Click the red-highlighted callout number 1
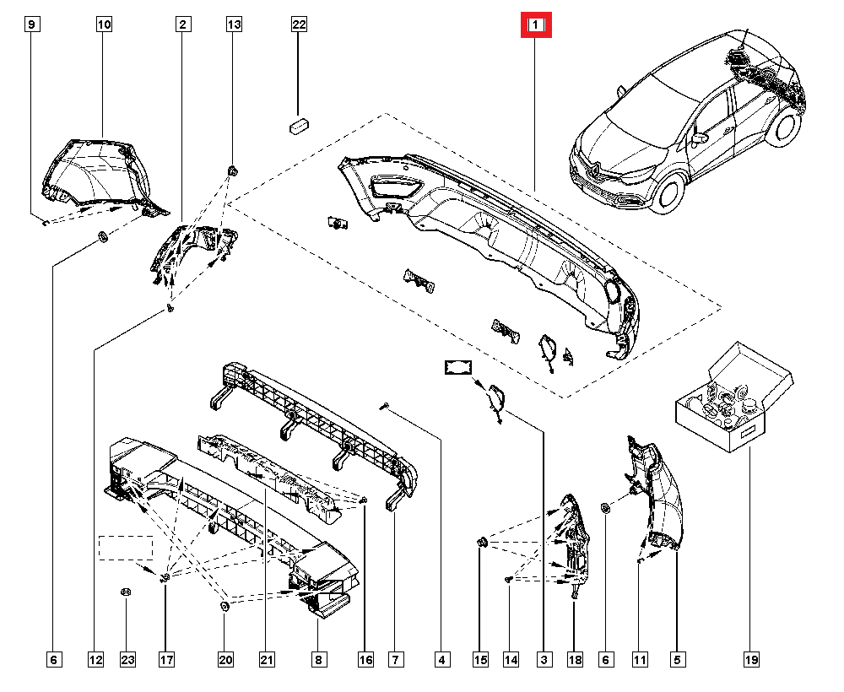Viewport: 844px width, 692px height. click(535, 26)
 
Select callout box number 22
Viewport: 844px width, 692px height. click(299, 25)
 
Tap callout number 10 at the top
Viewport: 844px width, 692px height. click(104, 25)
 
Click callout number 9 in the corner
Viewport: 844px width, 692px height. click(31, 25)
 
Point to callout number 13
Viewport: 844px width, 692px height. click(234, 25)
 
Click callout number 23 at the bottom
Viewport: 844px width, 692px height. click(127, 659)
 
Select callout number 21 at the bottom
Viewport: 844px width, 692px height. click(268, 659)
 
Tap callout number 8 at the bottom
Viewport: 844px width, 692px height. click(319, 659)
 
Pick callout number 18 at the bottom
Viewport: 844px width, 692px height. click(574, 659)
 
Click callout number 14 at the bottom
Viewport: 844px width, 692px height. click(511, 659)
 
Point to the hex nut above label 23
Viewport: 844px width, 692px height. click(125, 592)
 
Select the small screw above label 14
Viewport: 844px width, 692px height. click(510, 580)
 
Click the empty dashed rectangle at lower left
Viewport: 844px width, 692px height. click(126, 548)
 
